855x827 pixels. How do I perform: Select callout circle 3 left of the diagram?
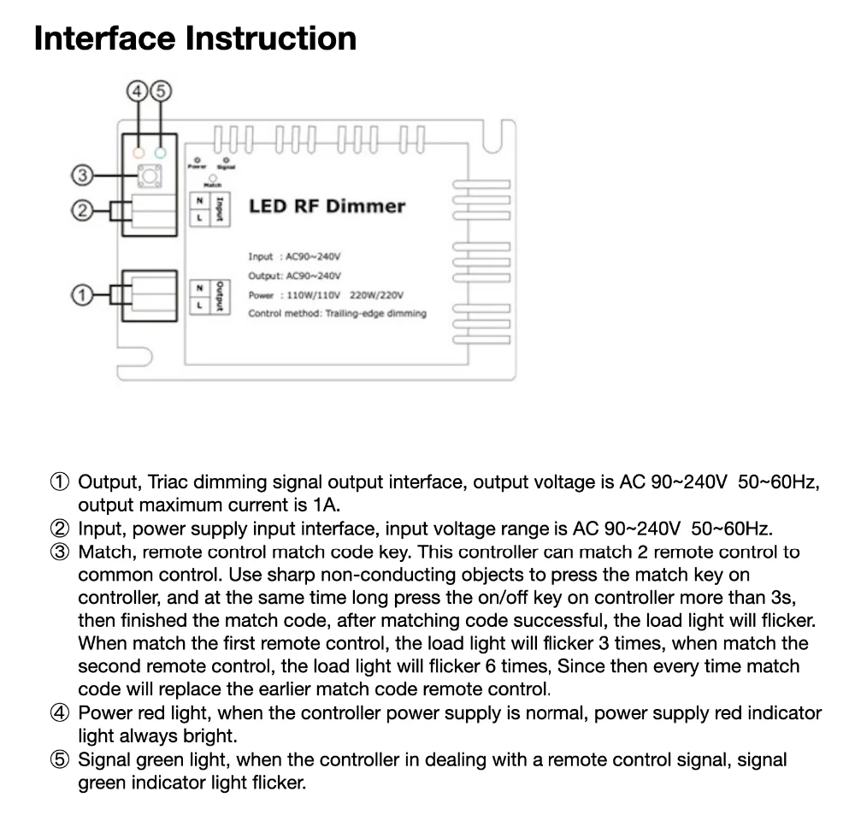point(80,176)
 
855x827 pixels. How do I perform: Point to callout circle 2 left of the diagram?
point(80,210)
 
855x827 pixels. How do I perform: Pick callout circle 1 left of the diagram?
point(80,295)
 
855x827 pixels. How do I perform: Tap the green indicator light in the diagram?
point(160,155)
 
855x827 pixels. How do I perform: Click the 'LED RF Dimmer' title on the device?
point(327,206)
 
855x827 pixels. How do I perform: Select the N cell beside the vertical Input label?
point(199,199)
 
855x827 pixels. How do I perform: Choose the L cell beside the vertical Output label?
point(199,304)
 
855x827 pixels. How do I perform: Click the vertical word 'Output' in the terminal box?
point(220,296)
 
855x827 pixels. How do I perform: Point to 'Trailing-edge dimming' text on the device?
point(376,313)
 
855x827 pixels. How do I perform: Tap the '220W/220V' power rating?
point(377,295)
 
